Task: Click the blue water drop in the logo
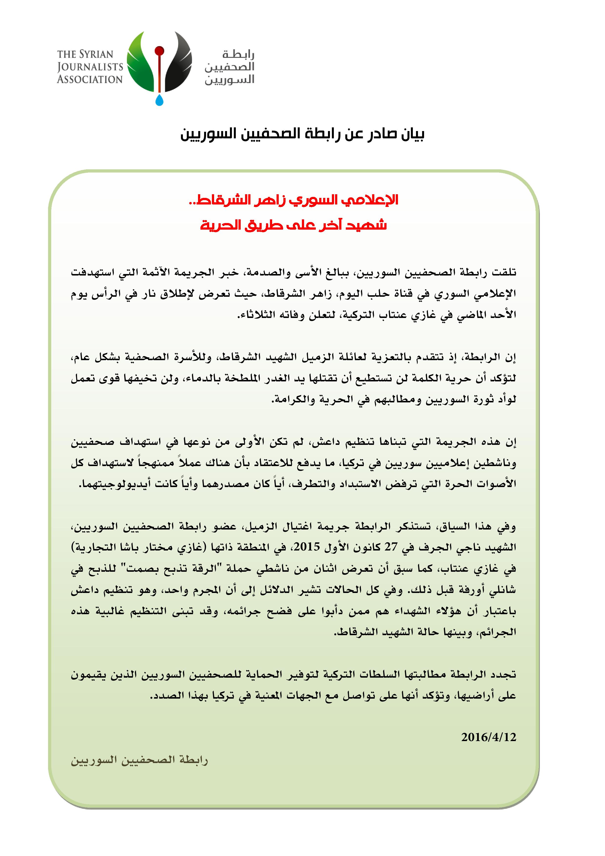tap(159, 100)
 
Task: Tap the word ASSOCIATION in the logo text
tap(90, 79)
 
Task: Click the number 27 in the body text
tap(391, 548)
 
